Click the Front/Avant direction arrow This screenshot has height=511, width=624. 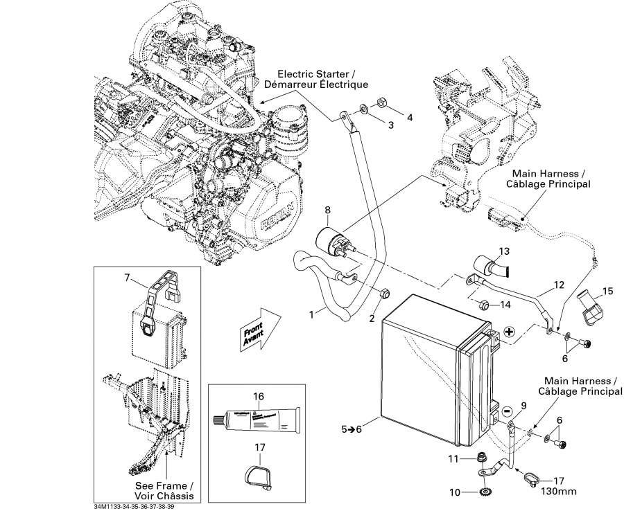pos(258,328)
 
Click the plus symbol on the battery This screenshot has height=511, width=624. pos(510,332)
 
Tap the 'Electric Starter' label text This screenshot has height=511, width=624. pos(322,79)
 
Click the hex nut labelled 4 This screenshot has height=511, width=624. pos(381,105)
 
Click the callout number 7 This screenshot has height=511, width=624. pos(127,278)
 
